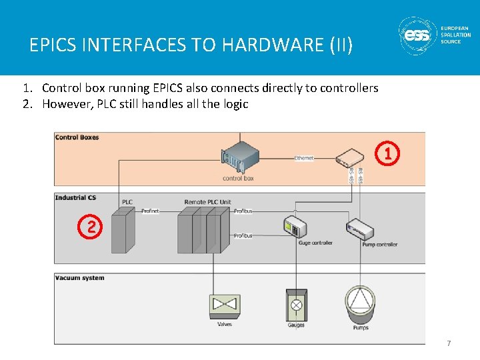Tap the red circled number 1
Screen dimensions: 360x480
point(389,154)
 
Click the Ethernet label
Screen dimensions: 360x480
point(304,158)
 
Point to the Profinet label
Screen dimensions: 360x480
point(150,211)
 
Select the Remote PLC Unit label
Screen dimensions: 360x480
point(208,202)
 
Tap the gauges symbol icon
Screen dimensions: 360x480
point(296,305)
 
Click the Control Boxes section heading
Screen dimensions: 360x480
point(77,137)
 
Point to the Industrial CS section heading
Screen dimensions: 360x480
point(75,197)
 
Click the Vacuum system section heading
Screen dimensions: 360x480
point(79,277)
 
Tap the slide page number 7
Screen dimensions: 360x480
point(449,343)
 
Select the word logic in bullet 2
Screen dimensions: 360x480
point(235,103)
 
